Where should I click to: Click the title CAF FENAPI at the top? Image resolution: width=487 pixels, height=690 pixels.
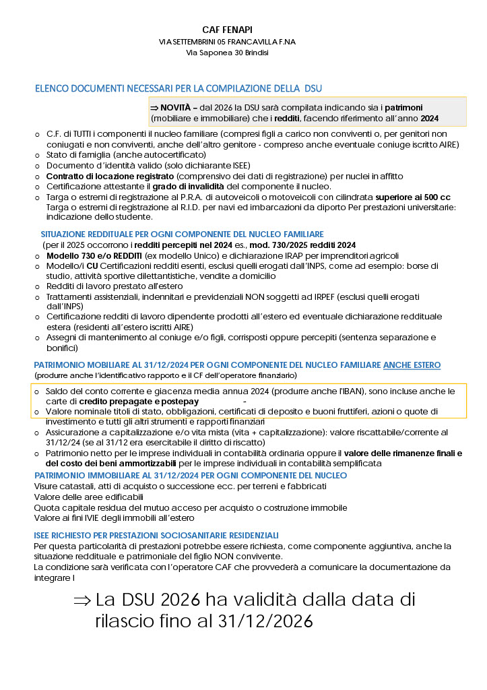click(x=227, y=30)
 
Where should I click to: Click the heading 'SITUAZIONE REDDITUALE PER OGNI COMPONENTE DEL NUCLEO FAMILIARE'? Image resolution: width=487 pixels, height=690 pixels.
click(x=172, y=234)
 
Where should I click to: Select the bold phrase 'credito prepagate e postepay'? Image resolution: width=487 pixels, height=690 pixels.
click(x=131, y=401)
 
